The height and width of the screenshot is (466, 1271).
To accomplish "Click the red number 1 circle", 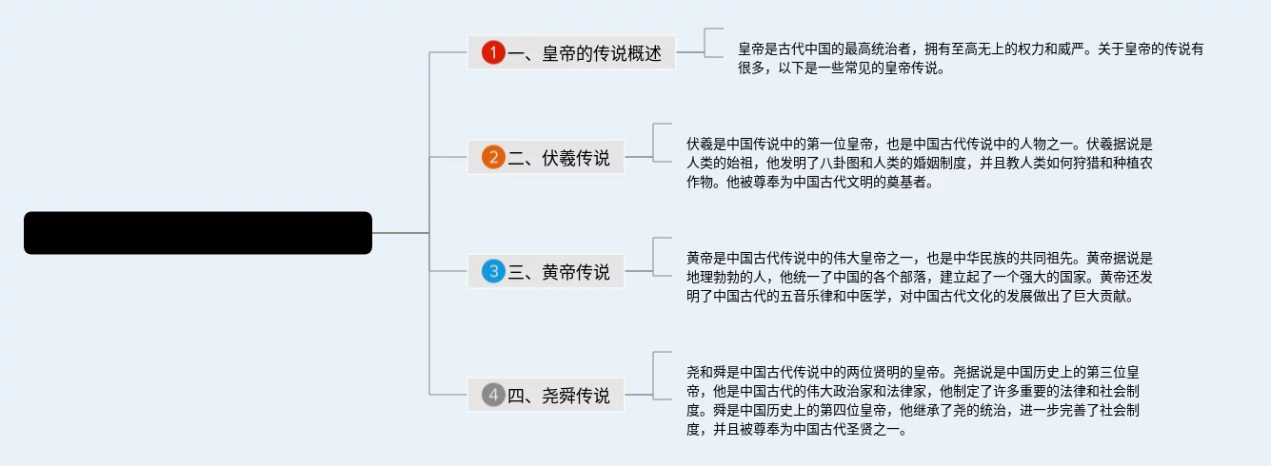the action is click(492, 53).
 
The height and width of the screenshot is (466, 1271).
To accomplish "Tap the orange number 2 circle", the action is click(492, 158).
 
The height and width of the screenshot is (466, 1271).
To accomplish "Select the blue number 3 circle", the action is click(492, 272).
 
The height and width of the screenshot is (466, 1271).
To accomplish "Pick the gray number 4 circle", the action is click(492, 395).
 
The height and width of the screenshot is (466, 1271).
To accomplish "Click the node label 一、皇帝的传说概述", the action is click(585, 53).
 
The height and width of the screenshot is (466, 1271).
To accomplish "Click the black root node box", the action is click(197, 233).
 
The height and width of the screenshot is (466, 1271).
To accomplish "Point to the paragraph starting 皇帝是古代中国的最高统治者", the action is click(971, 58).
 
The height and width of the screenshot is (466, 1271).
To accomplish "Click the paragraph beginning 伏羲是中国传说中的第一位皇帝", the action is click(920, 164).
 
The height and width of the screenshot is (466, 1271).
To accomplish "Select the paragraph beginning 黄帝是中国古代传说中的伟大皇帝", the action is click(920, 277).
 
